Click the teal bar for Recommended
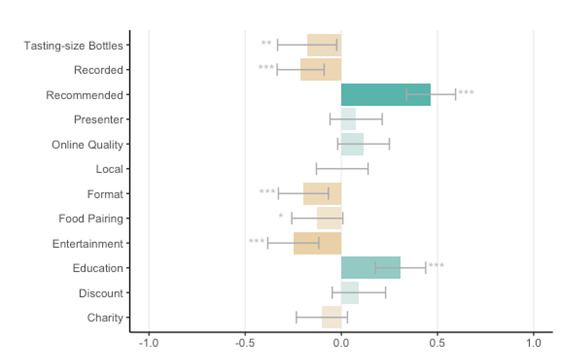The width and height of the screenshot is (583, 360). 385,95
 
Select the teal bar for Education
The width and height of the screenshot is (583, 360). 370,268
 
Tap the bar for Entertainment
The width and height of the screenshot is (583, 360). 317,243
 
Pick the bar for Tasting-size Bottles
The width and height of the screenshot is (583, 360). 324,45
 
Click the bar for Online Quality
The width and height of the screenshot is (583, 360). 352,144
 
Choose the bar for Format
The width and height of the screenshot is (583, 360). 322,194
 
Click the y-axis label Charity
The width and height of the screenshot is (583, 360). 104,318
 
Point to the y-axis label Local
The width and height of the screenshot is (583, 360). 109,169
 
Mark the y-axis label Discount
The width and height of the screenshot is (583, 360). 100,293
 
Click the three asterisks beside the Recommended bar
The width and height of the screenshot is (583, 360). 466,94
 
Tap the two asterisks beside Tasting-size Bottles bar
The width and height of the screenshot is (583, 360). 266,44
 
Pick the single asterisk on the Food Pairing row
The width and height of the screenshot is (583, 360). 281,217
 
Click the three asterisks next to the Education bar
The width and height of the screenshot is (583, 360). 436,267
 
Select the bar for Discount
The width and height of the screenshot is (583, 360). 350,293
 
